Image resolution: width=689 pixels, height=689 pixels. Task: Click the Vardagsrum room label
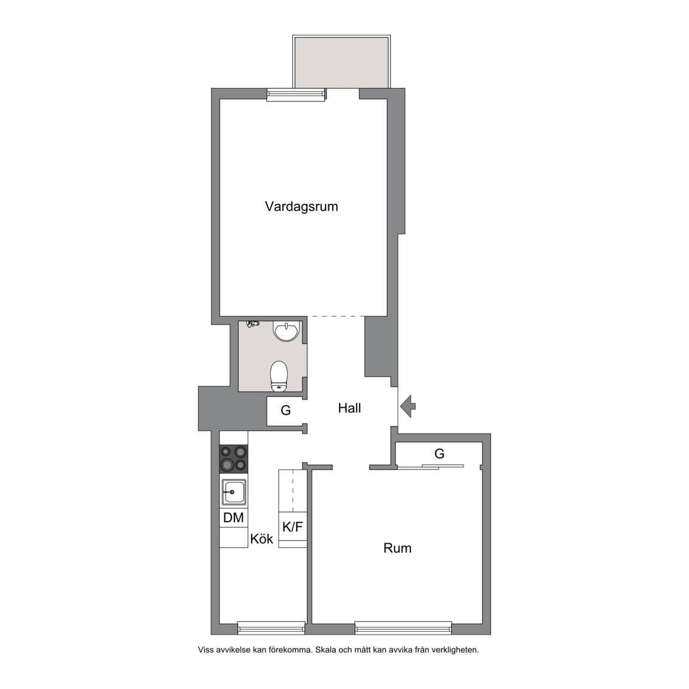click(x=301, y=206)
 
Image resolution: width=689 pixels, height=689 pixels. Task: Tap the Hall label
click(x=349, y=408)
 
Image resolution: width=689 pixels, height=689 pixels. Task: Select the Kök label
click(x=261, y=539)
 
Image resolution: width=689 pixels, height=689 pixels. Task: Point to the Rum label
click(x=397, y=548)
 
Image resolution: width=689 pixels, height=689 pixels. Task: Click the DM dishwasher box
click(x=233, y=517)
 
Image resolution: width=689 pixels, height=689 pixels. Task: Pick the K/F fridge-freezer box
click(x=292, y=526)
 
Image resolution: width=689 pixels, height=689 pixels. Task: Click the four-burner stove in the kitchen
click(x=234, y=459)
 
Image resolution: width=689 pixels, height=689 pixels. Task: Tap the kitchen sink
click(x=234, y=492)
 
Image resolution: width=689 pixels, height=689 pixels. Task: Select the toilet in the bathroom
click(x=279, y=377)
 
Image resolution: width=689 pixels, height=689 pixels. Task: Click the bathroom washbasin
click(x=286, y=330)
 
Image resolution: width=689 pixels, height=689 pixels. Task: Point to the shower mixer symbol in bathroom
click(x=252, y=324)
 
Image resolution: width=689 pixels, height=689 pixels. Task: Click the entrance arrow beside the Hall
click(x=408, y=406)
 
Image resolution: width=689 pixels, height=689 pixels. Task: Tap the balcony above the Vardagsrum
click(x=342, y=62)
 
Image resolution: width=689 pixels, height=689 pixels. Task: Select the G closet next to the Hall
click(x=286, y=411)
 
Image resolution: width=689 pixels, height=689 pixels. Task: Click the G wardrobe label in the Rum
click(x=439, y=453)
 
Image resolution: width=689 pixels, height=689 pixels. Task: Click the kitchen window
click(x=271, y=629)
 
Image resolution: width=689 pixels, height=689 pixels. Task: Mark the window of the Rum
click(x=403, y=629)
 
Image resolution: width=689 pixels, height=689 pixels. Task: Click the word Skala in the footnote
click(x=327, y=650)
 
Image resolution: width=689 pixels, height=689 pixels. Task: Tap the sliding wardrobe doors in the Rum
click(x=430, y=467)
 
